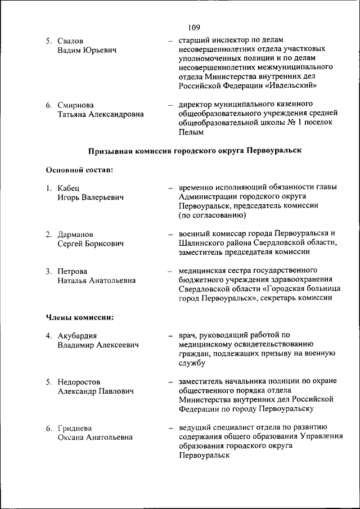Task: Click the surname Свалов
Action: pyautogui.click(x=70, y=40)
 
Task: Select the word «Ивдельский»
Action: pyautogui.click(x=294, y=86)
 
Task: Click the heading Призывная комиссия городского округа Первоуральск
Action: pyautogui.click(x=195, y=151)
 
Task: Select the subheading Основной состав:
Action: pyautogui.click(x=79, y=169)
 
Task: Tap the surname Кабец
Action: pyautogui.click(x=69, y=188)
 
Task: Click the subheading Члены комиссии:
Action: pyautogui.click(x=80, y=317)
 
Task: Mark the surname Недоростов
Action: pyautogui.click(x=79, y=382)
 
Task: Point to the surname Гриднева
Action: pyautogui.click(x=75, y=428)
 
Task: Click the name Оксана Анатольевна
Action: pyautogui.click(x=95, y=438)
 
